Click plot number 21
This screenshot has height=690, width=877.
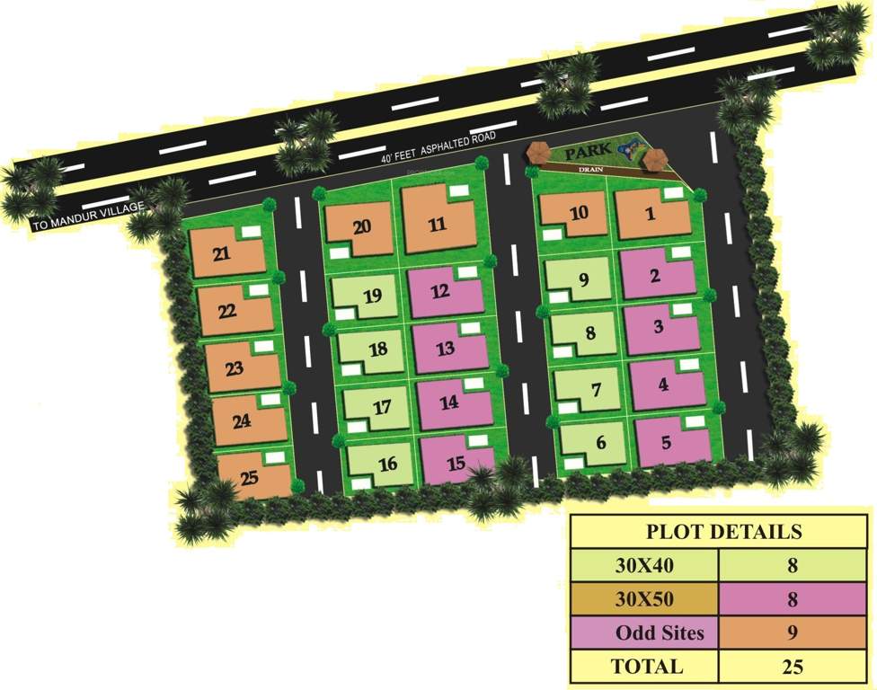click(x=222, y=254)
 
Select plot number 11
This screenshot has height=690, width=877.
click(x=438, y=224)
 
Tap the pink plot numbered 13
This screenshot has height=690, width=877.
click(x=446, y=349)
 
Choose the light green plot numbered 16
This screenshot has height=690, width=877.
click(x=387, y=464)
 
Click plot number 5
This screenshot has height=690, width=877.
click(x=666, y=442)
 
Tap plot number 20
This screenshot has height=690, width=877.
click(x=361, y=226)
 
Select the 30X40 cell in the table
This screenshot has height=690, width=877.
click(x=643, y=566)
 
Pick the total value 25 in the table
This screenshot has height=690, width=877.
click(x=792, y=667)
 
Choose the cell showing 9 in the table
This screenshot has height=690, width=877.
click(x=792, y=632)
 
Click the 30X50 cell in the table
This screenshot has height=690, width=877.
click(x=643, y=599)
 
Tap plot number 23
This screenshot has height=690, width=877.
click(x=235, y=368)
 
